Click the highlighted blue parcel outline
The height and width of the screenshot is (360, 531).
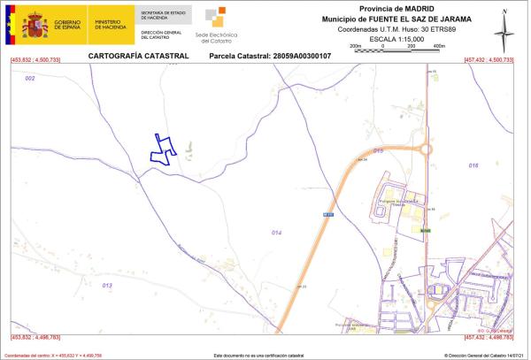point(161,149)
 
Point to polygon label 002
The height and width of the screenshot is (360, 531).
point(30,79)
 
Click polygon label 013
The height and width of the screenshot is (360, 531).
point(107,286)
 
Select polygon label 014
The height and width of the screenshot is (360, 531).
point(276,232)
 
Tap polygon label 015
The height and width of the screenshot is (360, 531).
point(378,151)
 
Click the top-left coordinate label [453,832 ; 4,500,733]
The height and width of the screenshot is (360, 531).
point(35,60)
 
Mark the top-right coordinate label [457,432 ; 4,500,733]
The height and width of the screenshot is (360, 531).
point(489,60)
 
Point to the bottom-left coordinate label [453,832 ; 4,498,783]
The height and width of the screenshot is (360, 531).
point(35,338)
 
